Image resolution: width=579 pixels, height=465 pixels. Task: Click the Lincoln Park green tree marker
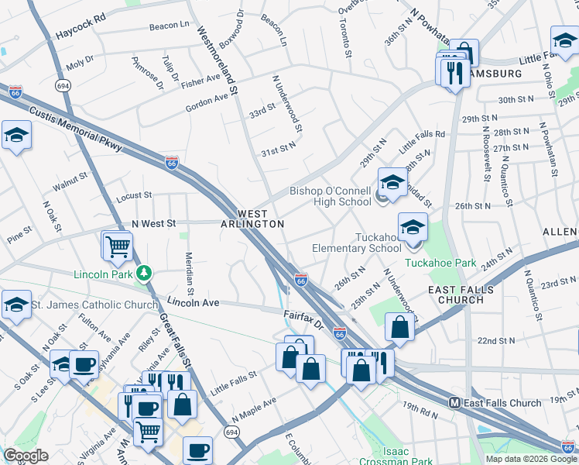click(143, 273)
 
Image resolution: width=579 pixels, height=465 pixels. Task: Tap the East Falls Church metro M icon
click(456, 403)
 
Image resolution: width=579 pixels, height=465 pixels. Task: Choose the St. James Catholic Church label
click(94, 305)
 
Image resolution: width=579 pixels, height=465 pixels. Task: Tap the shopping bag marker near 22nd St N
click(399, 327)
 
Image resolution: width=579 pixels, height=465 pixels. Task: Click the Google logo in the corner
click(26, 456)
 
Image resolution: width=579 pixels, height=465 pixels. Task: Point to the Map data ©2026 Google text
click(531, 459)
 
